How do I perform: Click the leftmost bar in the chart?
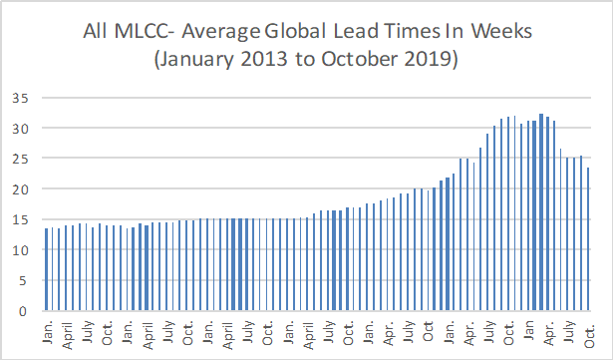[x=47, y=269]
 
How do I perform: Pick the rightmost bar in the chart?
[x=589, y=239]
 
